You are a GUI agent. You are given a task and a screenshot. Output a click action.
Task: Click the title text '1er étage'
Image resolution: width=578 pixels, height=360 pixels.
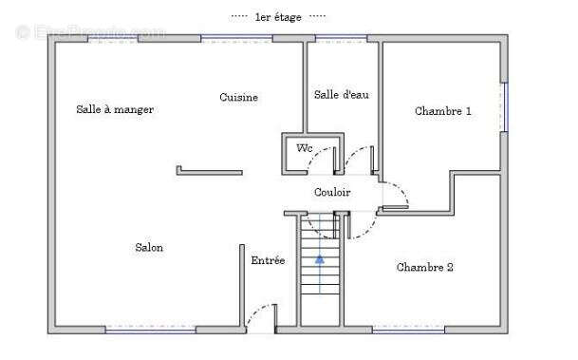278,16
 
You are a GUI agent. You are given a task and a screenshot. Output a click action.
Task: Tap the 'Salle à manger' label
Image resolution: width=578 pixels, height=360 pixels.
115,109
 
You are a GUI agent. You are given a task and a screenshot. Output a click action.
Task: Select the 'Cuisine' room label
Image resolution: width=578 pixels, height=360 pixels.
239,98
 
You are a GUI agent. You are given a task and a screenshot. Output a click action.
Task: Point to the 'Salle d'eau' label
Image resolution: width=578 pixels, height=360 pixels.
341,94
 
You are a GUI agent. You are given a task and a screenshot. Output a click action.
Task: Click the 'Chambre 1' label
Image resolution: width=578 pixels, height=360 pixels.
443,111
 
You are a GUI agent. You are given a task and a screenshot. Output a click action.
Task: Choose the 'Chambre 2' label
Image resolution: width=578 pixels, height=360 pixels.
424,268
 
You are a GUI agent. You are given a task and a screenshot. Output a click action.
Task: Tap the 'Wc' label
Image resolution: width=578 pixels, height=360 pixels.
304,148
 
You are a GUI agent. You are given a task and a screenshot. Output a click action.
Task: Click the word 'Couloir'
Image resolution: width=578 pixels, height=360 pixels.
332,192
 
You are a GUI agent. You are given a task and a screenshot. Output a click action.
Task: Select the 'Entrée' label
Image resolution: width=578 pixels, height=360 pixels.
268,260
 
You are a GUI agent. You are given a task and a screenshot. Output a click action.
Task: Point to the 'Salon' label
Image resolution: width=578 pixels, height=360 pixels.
149,248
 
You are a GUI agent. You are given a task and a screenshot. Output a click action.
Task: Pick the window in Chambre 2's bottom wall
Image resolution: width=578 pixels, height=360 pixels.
408,329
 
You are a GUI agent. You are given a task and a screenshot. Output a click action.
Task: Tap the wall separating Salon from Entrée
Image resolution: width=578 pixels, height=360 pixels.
240,285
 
